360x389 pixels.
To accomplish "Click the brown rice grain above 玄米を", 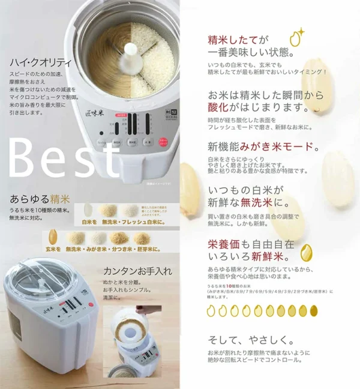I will [x=52, y=235].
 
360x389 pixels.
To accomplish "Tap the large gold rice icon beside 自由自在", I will [x=306, y=250].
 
